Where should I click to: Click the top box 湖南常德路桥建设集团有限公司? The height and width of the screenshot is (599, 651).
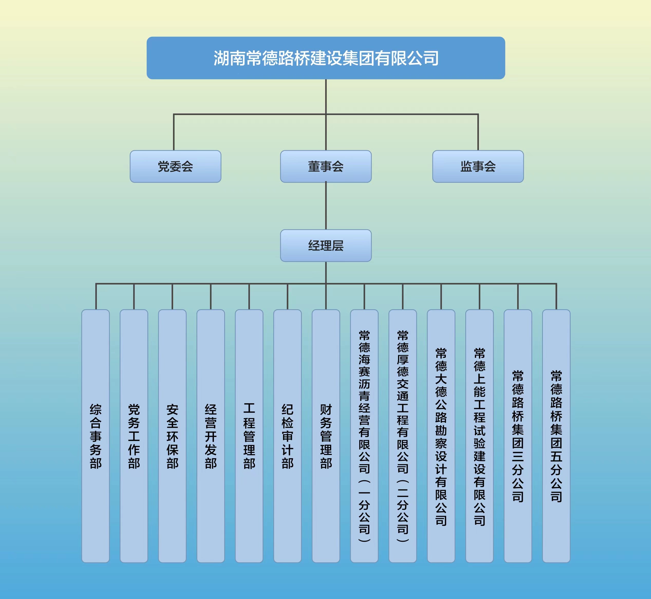326,58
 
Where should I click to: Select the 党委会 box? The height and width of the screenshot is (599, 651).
175,166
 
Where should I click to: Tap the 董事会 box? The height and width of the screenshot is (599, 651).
326,166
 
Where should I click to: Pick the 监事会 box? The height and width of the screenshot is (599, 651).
478,166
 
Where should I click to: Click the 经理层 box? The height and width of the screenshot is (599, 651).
326,245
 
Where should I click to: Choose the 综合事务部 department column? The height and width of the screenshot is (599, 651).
96,436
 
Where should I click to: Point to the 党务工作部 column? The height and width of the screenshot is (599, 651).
134,436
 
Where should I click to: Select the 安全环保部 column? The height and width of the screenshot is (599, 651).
172,436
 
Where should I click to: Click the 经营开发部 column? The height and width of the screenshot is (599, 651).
211,436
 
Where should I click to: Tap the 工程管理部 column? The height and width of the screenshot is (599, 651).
249,436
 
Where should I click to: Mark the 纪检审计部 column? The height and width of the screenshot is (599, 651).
287,436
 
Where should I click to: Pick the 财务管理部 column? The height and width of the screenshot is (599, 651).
326,436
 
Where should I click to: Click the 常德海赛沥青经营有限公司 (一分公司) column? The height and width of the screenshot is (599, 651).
364,436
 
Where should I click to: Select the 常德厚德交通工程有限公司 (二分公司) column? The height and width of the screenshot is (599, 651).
403,436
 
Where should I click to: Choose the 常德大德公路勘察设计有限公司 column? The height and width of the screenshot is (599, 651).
441,436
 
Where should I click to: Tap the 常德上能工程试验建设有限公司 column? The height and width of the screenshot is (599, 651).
479,436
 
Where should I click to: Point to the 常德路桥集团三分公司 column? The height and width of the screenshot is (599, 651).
518,436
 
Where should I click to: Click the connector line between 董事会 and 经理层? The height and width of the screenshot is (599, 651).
326,206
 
